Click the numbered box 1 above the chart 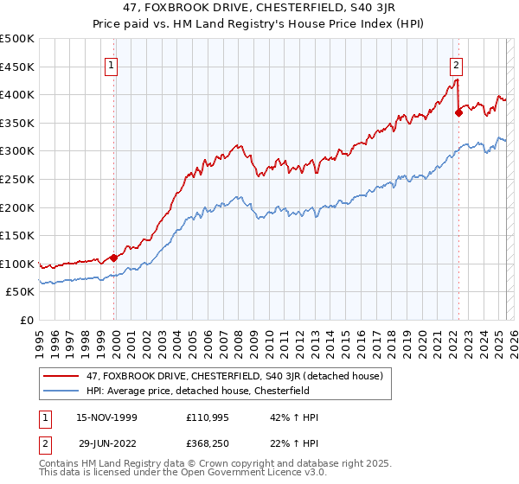pos(113,63)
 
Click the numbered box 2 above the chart pos(456,63)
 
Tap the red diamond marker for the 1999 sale pos(113,258)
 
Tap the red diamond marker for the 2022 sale pos(458,111)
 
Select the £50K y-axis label pos(21,292)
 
